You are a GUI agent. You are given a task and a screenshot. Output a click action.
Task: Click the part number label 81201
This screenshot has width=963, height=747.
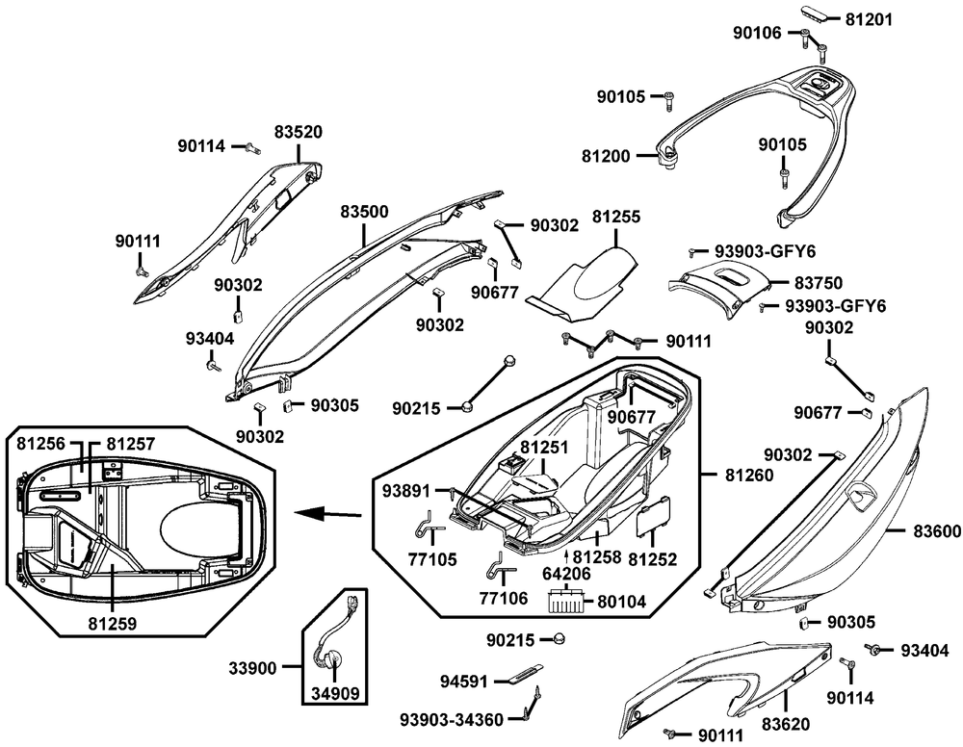[x=871, y=18]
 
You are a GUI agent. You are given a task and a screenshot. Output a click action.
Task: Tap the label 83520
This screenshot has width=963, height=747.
[x=298, y=131]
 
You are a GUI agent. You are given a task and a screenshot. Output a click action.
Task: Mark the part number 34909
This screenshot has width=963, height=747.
[x=336, y=690]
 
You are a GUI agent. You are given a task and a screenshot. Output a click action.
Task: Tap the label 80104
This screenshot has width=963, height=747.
[x=621, y=602]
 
